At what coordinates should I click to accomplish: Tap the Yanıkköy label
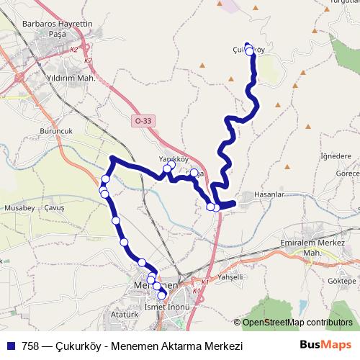coord(173,159)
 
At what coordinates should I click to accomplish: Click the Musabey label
coord(18,207)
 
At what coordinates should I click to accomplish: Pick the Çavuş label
coord(55,207)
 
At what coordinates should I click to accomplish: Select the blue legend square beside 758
coord(12,346)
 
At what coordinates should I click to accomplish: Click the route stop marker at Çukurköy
coord(250,51)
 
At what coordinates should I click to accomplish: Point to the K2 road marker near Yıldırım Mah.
coord(88,62)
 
